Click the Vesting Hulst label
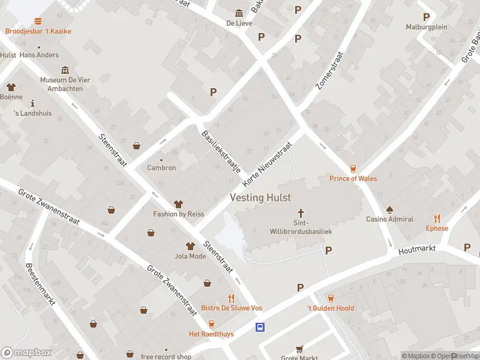260,197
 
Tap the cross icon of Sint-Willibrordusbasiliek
301,213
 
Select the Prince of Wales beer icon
353,169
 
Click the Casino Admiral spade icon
389,209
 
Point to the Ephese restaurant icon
437,219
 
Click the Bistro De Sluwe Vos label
231,308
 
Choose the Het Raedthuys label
211,334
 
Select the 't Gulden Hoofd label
331,308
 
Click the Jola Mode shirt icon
190,246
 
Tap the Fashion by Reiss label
178,214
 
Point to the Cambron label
161,167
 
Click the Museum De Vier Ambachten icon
65,70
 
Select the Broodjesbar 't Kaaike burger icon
38,21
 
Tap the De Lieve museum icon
239,13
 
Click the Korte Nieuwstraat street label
267,163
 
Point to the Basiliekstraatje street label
220,152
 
